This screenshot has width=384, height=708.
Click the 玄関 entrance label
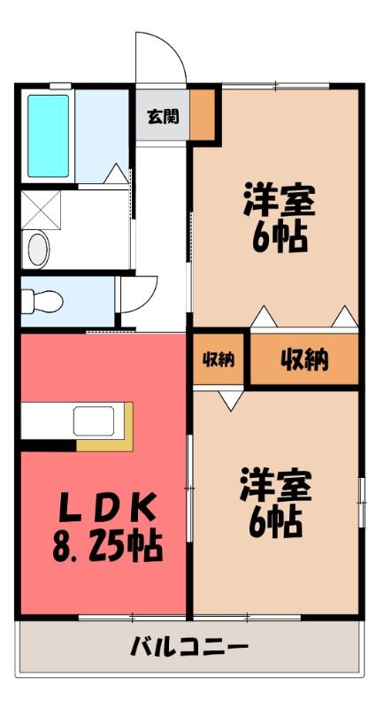point(163,116)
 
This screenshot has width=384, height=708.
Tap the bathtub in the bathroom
point(49,135)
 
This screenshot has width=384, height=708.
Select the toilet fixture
point(42,301)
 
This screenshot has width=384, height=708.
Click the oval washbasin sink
point(38,248)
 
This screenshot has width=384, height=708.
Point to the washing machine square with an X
point(41,210)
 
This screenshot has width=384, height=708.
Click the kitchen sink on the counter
point(94,421)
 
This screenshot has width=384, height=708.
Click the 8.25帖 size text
point(106,546)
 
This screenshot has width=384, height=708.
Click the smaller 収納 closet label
point(219,359)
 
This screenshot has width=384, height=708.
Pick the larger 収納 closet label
point(304,360)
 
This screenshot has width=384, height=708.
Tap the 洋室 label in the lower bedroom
point(276,484)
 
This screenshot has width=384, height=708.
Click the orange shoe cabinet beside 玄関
point(202,115)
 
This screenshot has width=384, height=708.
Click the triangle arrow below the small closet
point(231,401)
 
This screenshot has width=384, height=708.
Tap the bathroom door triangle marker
point(116,173)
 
